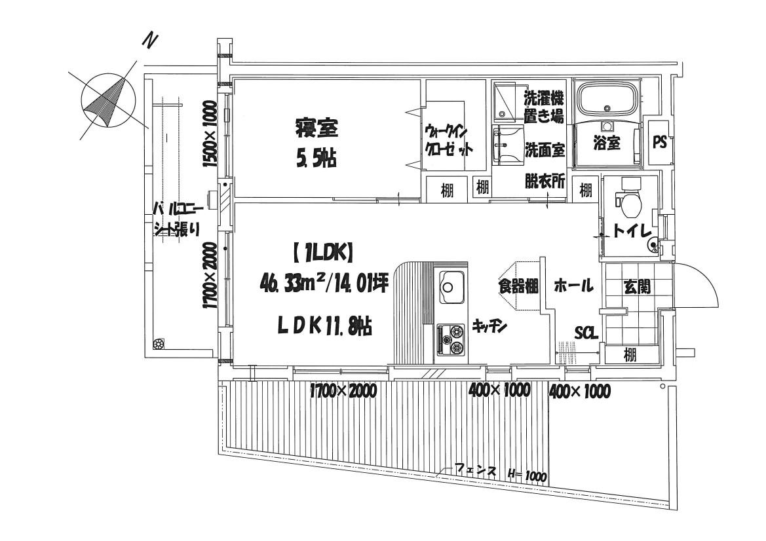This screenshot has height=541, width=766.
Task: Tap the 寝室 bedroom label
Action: (316, 128)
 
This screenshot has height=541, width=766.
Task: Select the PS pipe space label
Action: (659, 142)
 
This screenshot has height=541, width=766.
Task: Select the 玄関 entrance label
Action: (636, 286)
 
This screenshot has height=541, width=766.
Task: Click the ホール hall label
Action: (573, 286)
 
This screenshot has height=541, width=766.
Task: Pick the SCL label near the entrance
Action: (586, 333)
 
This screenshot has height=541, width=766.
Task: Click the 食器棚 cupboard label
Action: (517, 286)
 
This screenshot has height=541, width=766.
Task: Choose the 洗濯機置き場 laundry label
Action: (543, 107)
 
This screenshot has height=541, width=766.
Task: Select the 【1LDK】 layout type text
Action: (321, 250)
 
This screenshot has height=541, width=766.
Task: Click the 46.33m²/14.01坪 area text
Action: (324, 286)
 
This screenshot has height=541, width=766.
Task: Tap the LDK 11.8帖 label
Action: (324, 326)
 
